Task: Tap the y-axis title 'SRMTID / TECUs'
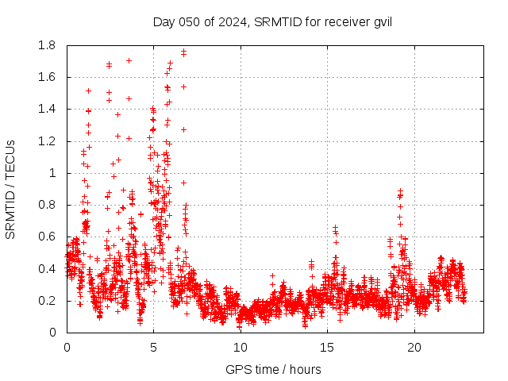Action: (x=10, y=189)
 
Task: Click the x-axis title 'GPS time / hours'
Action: (x=273, y=369)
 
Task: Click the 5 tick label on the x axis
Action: (x=154, y=347)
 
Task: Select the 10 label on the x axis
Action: (x=241, y=347)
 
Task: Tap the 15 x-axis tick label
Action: (x=328, y=347)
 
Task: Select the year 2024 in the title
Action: (x=231, y=21)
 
